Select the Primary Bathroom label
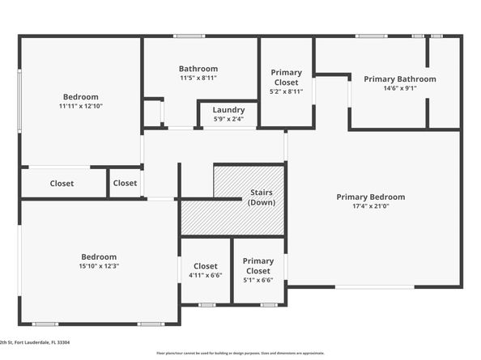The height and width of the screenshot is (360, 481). pyautogui.click(x=399, y=79)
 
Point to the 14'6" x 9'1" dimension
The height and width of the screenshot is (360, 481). pyautogui.click(x=399, y=89)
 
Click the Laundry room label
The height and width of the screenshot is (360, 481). pyautogui.click(x=228, y=110)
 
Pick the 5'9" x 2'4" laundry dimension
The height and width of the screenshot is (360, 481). pyautogui.click(x=228, y=119)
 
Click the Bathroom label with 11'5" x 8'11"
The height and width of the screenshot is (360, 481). pyautogui.click(x=198, y=69)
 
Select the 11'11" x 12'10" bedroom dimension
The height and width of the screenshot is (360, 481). pyautogui.click(x=80, y=106)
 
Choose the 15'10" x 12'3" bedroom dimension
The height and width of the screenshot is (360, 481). pyautogui.click(x=99, y=265)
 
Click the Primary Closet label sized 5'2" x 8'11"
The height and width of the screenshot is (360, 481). pyautogui.click(x=286, y=78)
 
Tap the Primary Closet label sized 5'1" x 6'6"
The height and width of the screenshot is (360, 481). pyautogui.click(x=258, y=266)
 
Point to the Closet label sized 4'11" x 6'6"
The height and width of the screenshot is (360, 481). pyautogui.click(x=205, y=266)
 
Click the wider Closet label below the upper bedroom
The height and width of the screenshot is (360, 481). pyautogui.click(x=62, y=184)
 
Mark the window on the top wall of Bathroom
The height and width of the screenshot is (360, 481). pyautogui.click(x=188, y=36)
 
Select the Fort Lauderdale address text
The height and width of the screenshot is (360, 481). pyautogui.click(x=36, y=343)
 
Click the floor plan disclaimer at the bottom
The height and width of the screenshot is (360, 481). pyautogui.click(x=240, y=353)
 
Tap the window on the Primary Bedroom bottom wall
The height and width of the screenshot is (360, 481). pyautogui.click(x=374, y=286)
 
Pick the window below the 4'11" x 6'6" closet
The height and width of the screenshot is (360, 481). pyautogui.click(x=206, y=305)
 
